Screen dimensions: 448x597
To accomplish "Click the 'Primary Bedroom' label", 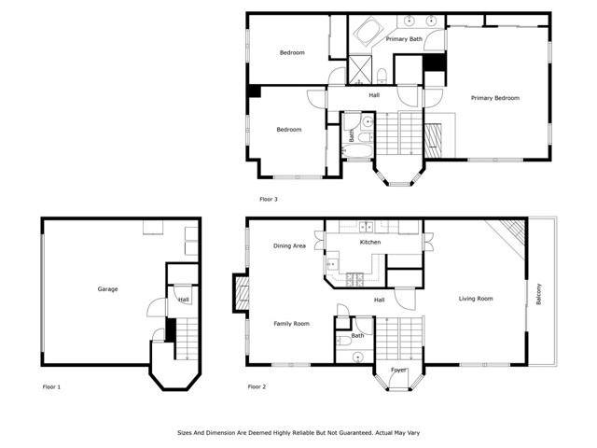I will tap(494, 98).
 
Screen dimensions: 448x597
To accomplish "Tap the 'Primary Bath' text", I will tap(404, 39).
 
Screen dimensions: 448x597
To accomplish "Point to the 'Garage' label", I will tap(107, 289).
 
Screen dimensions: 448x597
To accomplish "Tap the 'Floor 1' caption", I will tap(51, 385).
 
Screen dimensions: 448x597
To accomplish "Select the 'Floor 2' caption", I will tap(257, 385).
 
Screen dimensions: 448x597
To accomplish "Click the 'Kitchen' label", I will tap(370, 243).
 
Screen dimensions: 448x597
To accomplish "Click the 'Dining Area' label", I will tap(289, 246).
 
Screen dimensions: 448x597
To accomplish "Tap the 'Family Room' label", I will tap(291, 324).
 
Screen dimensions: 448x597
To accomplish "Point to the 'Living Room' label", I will tap(476, 299).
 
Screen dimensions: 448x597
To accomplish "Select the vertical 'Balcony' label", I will tap(539, 294).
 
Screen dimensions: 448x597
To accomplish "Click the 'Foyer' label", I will tap(398, 371).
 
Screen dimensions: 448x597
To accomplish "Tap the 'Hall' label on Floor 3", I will tap(374, 96).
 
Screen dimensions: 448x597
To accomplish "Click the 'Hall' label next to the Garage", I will tap(184, 300).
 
